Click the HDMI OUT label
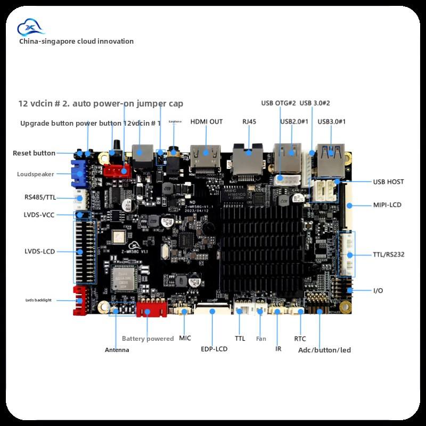[207, 121]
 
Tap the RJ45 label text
[249, 121]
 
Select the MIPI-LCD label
[387, 205]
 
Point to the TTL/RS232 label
[388, 255]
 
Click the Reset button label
[34, 153]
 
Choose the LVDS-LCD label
[40, 251]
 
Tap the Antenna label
[117, 350]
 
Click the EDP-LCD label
[215, 349]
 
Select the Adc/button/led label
[324, 350]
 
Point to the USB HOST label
[388, 182]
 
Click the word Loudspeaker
[35, 174]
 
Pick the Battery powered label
[148, 339]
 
